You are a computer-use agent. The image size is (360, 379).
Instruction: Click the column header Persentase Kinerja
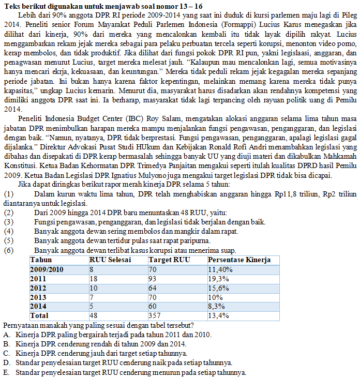(239, 260)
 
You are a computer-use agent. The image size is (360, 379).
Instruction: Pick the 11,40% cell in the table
(219, 269)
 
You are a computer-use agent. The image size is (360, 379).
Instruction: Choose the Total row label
(39, 315)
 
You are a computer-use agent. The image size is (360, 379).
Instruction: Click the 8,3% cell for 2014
(216, 306)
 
